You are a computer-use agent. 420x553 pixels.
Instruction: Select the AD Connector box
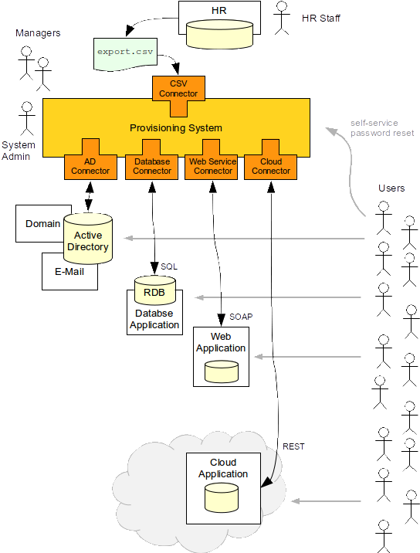pos(90,167)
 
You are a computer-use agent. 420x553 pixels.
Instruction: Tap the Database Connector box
pos(151,167)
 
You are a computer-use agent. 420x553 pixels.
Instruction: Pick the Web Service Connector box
pos(212,167)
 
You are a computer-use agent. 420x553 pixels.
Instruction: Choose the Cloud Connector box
pos(270,167)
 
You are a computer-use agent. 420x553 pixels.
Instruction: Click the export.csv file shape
pos(125,53)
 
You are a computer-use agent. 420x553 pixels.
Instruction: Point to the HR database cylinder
pos(219,35)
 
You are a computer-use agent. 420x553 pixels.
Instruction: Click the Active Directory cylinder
pos(88,239)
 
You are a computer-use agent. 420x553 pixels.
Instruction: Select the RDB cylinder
pos(155,290)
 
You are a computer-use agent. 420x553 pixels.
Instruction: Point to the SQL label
pos(169,266)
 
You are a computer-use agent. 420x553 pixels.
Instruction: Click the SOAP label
pos(241,317)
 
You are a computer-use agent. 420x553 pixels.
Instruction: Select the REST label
pos(293,446)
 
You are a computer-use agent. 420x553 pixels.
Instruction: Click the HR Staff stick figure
pos(282,18)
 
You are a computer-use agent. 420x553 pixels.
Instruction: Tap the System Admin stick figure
pos(27,118)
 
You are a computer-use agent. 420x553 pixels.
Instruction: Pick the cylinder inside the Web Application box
pos(222,371)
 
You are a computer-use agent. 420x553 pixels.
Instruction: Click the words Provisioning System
pos(176,127)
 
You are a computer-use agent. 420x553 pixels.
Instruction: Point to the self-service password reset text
pos(382,128)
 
